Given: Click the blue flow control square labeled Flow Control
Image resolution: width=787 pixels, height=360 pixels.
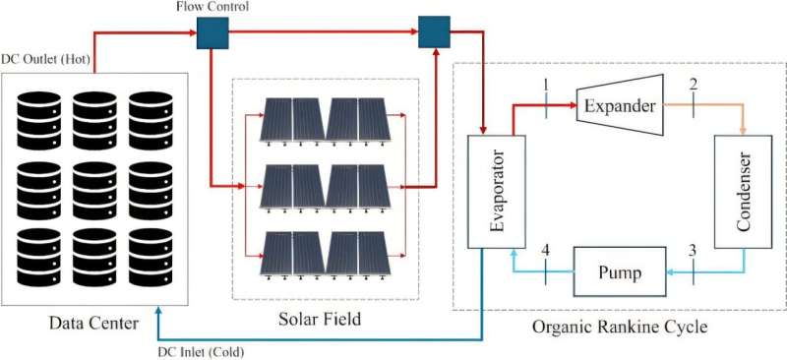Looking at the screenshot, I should [212, 33].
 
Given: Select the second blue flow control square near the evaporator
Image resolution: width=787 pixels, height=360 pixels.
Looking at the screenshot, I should [433, 31].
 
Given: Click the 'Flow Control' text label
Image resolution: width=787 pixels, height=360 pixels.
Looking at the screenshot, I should [213, 8].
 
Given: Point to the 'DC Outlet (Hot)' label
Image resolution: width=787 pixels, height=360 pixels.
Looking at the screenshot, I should [46, 60].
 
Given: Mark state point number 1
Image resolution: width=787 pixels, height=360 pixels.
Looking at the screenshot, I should [544, 86].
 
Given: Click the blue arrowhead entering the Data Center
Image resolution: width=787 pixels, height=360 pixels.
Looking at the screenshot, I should [159, 313].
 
